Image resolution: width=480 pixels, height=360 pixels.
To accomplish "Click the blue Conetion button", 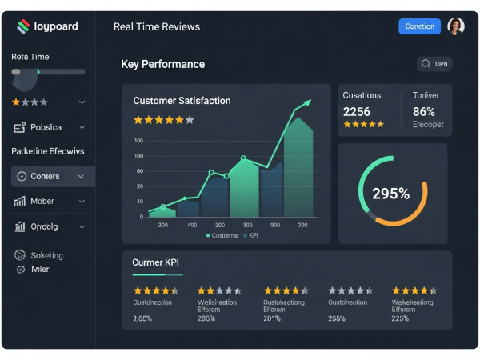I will [x=419, y=26].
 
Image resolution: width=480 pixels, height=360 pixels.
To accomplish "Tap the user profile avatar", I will [x=456, y=26].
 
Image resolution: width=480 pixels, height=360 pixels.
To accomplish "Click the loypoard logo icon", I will [x=23, y=26].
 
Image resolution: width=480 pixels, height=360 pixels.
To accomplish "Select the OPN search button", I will [x=434, y=64].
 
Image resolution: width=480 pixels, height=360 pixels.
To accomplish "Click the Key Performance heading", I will [x=162, y=64].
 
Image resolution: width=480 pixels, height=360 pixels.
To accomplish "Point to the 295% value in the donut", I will [x=390, y=193].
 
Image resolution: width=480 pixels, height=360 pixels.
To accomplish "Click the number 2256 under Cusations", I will [x=357, y=112].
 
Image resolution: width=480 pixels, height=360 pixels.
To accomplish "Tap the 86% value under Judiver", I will [x=424, y=112].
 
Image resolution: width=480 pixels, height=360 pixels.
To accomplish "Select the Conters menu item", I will [x=45, y=176].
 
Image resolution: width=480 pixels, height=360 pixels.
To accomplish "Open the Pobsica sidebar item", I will [x=45, y=127].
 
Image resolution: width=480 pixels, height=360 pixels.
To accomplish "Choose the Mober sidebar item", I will [x=42, y=202].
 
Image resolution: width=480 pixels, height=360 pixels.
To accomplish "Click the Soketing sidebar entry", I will [x=46, y=255].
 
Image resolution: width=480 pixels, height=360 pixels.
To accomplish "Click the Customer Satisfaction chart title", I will [x=182, y=101].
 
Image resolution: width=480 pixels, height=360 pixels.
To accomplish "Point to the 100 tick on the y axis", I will [x=139, y=141].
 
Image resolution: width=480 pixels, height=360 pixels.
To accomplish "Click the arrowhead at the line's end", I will [x=306, y=102].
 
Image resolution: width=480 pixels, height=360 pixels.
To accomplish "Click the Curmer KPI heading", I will [x=155, y=262].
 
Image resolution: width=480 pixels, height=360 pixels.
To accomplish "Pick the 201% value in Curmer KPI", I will [x=272, y=318].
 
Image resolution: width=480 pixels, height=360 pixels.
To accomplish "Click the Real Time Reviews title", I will [x=157, y=26].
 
